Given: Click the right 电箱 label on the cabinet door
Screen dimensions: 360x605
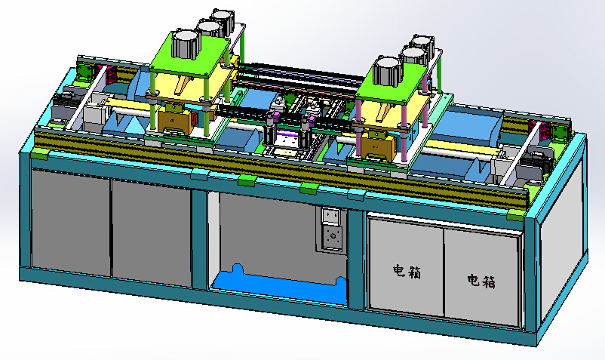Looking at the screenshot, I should coord(481,282).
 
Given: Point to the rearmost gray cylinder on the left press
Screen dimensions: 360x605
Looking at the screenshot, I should coord(222,20).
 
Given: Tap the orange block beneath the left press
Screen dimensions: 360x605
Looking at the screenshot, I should coord(176,119).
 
